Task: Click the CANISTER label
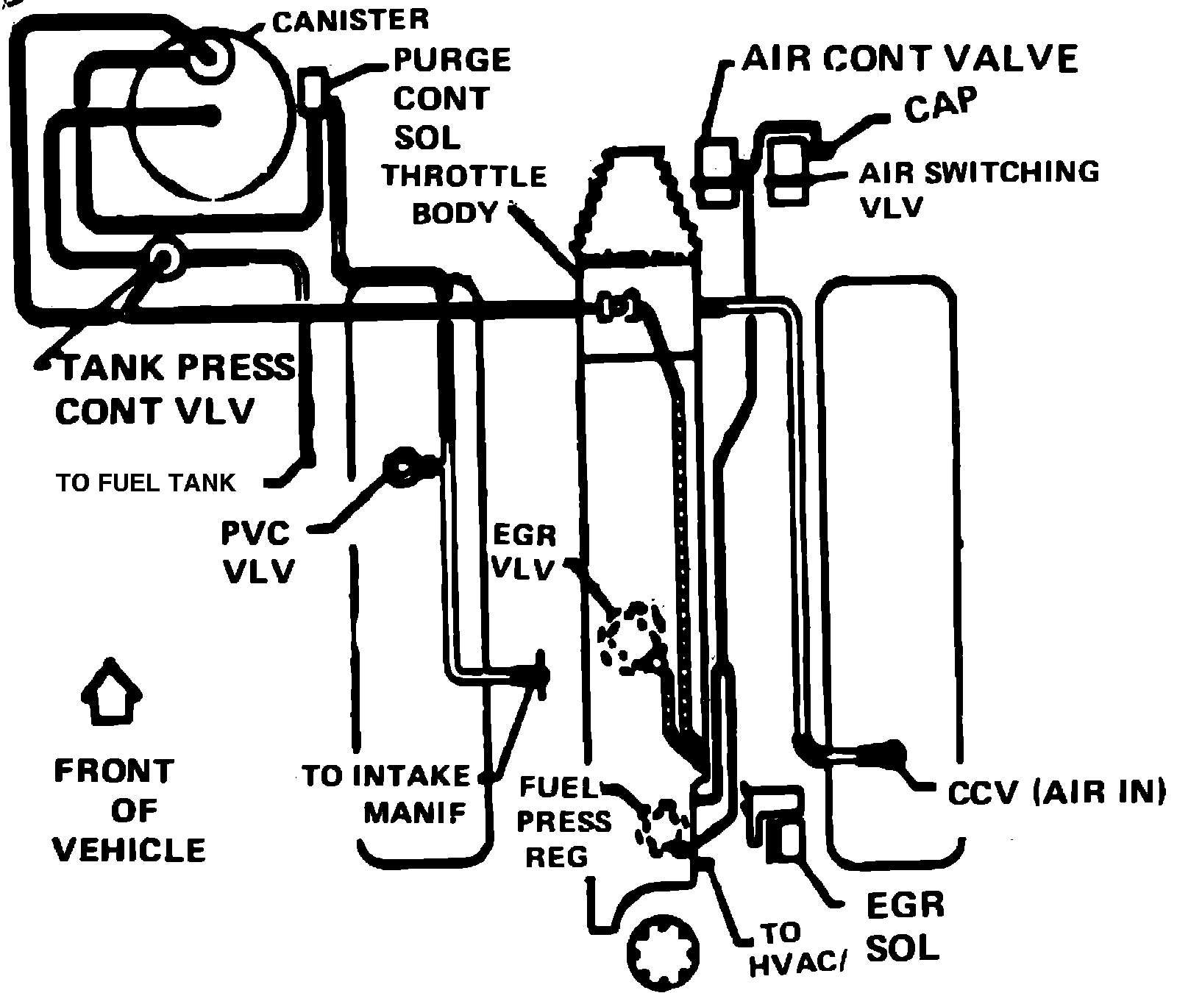click(350, 20)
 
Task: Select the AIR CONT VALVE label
click(909, 58)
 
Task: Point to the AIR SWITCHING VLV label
click(978, 189)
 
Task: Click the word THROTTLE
click(463, 176)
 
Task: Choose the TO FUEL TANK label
click(146, 483)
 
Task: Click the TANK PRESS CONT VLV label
click(175, 388)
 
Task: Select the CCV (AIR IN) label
click(1056, 792)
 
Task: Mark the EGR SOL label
click(904, 927)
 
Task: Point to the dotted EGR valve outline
click(633, 636)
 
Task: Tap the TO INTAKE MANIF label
click(385, 794)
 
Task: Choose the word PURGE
click(452, 60)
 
